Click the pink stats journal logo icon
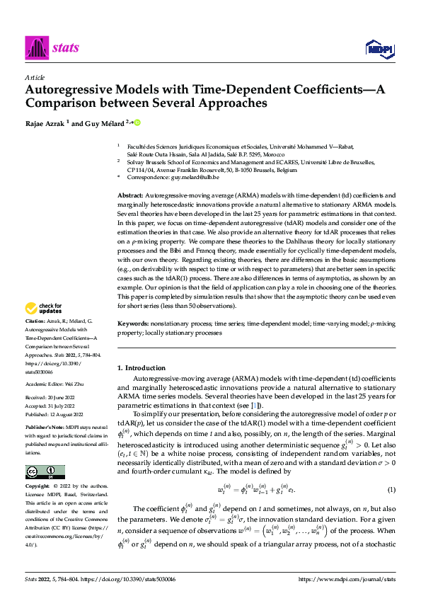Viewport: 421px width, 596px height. point(36,47)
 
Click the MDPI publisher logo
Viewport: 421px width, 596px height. point(379,47)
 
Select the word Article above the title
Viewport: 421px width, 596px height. point(35,77)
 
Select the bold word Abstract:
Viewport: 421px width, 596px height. point(131,193)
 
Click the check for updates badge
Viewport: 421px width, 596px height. point(42,309)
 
